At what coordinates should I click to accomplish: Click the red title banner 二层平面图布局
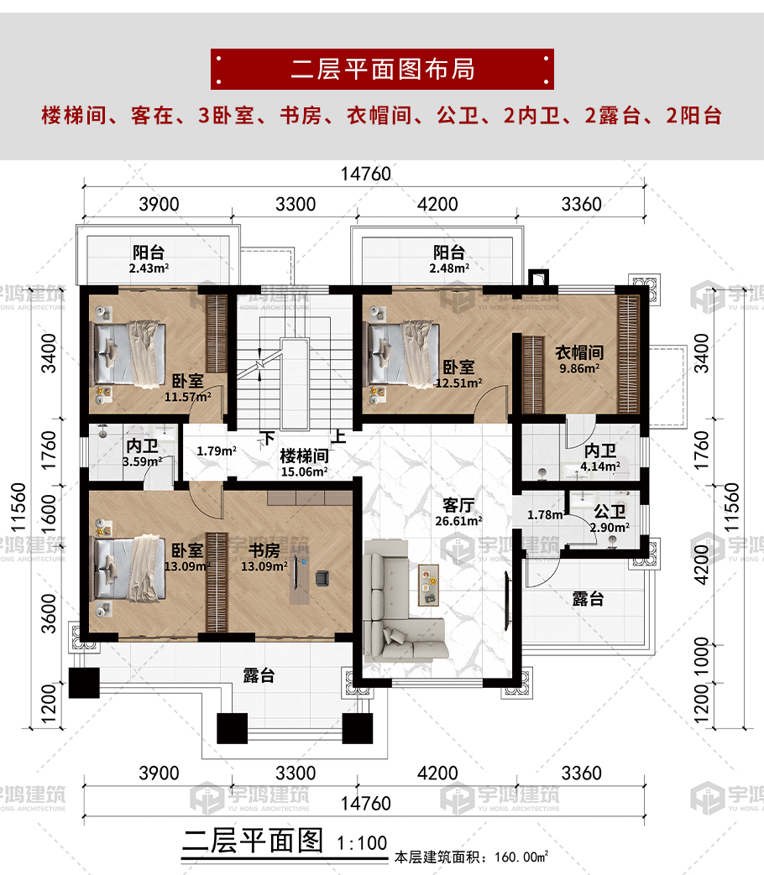[x=382, y=69]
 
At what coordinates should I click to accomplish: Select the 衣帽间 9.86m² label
[x=578, y=359]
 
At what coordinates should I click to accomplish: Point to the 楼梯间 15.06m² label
[x=303, y=462]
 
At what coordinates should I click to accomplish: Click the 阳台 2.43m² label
[x=148, y=258]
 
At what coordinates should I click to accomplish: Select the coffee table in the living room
[x=430, y=584]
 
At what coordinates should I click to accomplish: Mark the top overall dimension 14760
[x=366, y=174]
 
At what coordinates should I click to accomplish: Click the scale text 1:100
[x=361, y=842]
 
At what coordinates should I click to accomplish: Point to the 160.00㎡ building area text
[x=470, y=857]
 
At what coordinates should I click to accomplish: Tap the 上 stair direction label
[x=338, y=437]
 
